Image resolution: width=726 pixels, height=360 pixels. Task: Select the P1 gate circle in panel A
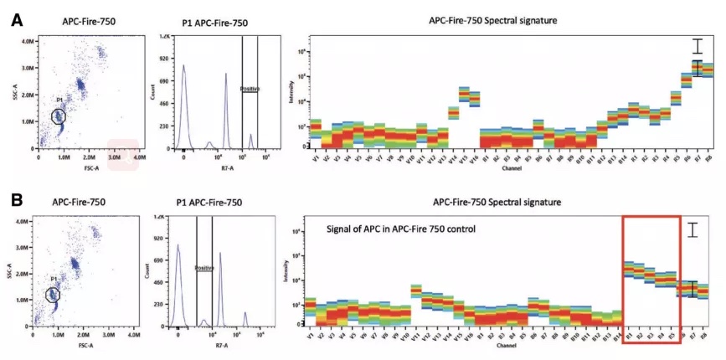[x=58, y=117]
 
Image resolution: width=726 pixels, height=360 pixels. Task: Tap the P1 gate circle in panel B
[x=53, y=295]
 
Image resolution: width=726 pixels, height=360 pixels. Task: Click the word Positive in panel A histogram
[x=250, y=89]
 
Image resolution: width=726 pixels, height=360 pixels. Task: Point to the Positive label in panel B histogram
[x=204, y=269]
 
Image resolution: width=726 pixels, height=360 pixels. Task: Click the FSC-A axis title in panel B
[x=82, y=344]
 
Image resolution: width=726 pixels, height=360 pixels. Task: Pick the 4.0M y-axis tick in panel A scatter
[x=28, y=40]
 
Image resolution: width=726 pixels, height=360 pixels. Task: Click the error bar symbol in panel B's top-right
[x=693, y=229]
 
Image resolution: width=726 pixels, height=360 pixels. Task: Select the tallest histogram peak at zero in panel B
[x=178, y=248]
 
